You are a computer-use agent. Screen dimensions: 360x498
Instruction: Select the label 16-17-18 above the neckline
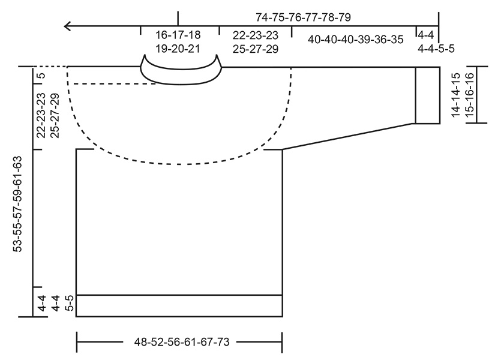tap(178, 35)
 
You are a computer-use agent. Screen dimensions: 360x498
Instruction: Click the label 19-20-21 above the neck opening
tap(178, 49)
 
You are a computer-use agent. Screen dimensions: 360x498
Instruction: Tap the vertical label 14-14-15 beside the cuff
tap(455, 95)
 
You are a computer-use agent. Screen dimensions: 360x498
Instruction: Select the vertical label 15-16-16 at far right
tap(470, 95)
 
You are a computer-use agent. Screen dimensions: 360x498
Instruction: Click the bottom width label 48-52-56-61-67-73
tap(179, 343)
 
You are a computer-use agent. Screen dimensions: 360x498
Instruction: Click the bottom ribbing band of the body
tap(179, 305)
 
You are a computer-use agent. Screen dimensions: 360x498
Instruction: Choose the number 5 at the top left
tap(41, 76)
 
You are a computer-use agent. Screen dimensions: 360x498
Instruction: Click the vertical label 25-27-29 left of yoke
tap(55, 116)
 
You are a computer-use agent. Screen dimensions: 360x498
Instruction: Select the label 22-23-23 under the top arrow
tap(254, 35)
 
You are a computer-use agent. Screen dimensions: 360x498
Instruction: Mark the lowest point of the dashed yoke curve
tap(180, 163)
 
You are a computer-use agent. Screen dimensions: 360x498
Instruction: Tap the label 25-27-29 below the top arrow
tap(254, 49)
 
